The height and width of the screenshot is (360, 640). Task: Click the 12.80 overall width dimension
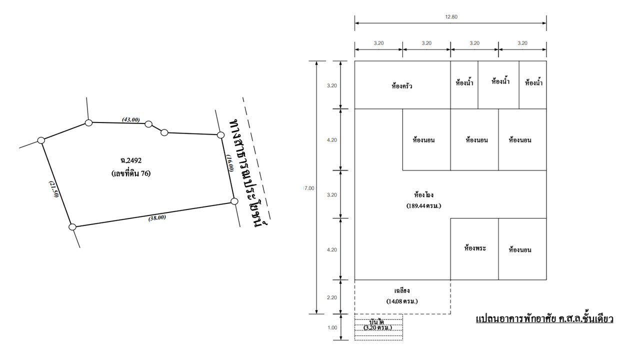coord(450,17)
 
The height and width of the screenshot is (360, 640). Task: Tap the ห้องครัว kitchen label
coord(402,86)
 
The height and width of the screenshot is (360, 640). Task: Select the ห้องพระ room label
coord(475,248)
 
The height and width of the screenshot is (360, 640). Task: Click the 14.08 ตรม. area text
coord(402,301)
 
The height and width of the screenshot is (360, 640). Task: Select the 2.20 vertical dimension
coord(331,297)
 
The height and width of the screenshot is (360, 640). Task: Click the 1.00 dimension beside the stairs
coord(331,328)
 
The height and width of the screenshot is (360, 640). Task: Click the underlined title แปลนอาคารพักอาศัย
coord(544,318)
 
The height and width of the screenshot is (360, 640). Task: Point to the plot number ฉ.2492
coord(131,161)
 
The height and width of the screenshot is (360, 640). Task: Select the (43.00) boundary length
coord(131,120)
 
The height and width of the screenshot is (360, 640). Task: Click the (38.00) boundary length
coord(157,217)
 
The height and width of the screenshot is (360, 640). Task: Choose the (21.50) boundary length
coord(54,189)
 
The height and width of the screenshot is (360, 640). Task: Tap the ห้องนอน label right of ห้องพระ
coord(520,249)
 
